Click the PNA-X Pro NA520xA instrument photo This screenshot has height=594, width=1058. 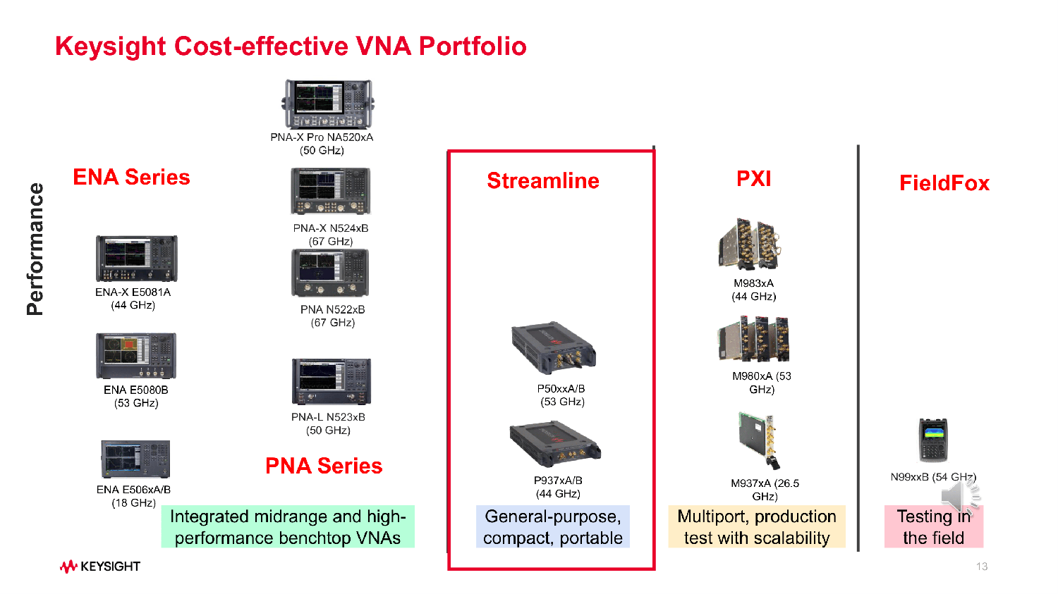coord(328,104)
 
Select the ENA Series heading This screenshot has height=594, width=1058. coord(131,177)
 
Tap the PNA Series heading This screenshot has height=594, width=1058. coord(324,466)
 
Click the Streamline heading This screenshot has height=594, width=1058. coord(543,180)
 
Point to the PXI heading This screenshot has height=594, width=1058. coord(753,178)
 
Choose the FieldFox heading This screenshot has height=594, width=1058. coord(944,183)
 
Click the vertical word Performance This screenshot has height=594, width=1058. coord(35,249)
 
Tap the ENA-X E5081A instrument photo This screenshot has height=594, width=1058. coord(136,259)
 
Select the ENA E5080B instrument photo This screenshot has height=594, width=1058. coord(136,356)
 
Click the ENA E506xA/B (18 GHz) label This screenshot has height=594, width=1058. coord(133,496)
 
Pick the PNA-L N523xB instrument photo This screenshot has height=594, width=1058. coord(331,381)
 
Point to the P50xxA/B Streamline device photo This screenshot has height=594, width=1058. coord(554,349)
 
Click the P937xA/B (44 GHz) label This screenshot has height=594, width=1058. coord(558,487)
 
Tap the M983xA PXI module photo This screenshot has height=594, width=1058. coord(749,245)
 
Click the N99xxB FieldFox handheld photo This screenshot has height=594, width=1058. coord(932,440)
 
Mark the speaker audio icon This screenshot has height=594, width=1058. coord(960,497)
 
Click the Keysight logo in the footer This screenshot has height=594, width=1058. coord(100,567)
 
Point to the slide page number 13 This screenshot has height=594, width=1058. coord(982,567)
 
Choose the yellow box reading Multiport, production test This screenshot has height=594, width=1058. coord(756,526)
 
